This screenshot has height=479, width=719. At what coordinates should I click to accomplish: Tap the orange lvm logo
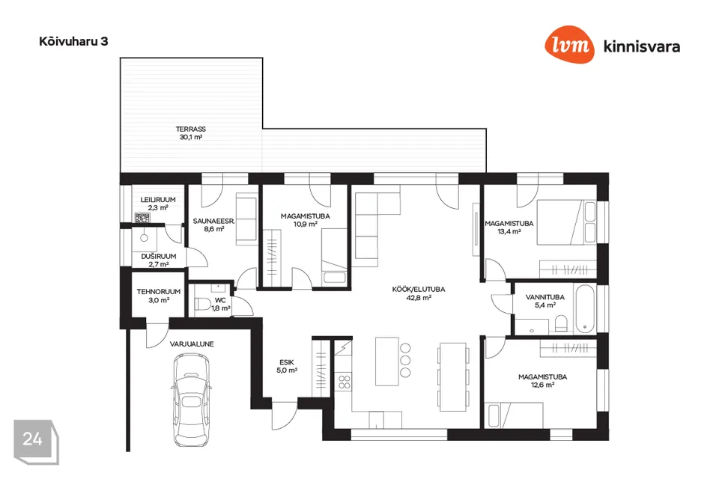point(569,44)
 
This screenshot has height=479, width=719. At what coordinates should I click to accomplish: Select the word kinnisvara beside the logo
point(642,46)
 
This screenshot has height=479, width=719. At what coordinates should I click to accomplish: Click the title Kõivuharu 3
point(73,41)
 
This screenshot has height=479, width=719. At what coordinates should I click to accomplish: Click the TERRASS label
point(191,129)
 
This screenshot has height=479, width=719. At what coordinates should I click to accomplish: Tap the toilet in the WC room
point(202,303)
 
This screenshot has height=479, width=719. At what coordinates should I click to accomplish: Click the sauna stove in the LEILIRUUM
point(142,218)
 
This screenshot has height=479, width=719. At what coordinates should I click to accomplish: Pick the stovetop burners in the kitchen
point(345,382)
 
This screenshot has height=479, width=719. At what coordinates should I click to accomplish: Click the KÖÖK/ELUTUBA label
point(418,289)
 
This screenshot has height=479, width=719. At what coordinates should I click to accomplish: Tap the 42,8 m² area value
point(419,297)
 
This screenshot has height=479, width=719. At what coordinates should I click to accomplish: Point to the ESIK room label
point(287,362)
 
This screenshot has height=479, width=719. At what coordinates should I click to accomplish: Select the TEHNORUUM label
point(159,292)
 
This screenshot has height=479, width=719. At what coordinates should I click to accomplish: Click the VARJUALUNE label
point(192,344)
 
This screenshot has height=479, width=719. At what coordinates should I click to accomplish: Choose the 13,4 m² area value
point(509,231)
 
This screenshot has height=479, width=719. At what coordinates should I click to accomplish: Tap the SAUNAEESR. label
point(213,221)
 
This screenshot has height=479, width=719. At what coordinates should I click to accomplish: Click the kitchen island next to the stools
point(387,361)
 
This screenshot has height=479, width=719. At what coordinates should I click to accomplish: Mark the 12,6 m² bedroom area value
point(542,385)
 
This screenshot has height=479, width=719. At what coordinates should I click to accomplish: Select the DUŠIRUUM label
point(159,256)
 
